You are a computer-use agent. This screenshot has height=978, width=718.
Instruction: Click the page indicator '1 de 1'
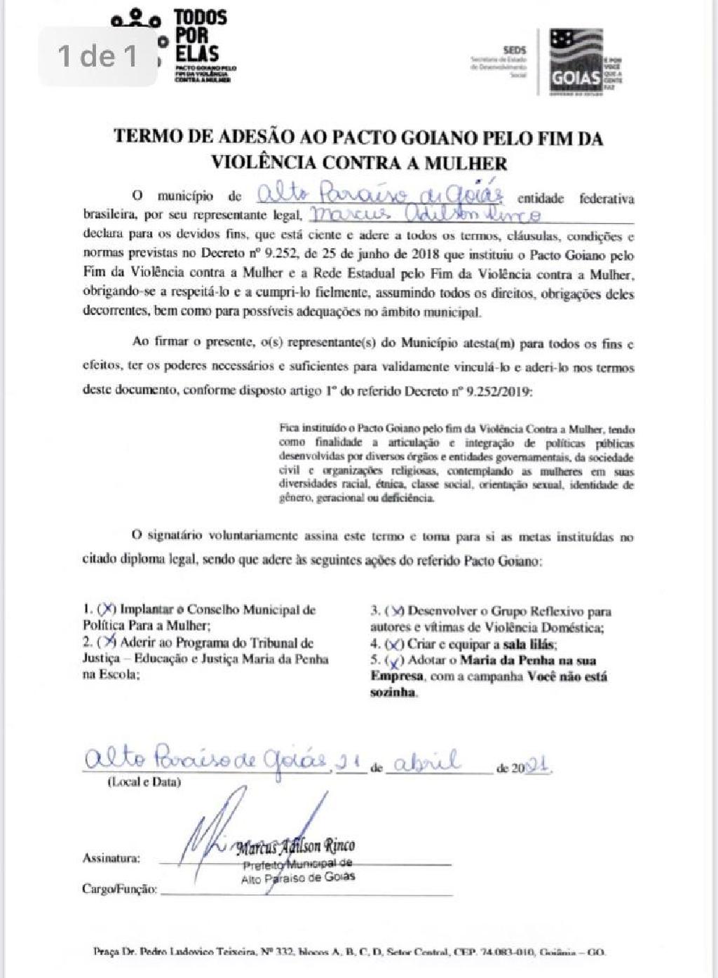[98, 56]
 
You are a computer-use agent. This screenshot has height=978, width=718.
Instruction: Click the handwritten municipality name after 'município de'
[378, 194]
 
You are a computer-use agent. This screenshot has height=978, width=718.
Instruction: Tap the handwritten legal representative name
[425, 213]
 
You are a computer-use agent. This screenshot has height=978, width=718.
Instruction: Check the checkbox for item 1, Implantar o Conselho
[108, 609]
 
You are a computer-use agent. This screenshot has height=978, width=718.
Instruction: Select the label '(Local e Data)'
[144, 782]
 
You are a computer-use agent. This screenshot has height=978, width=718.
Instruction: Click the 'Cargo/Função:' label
[119, 889]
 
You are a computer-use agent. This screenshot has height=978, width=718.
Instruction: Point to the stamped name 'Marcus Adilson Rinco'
[295, 846]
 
